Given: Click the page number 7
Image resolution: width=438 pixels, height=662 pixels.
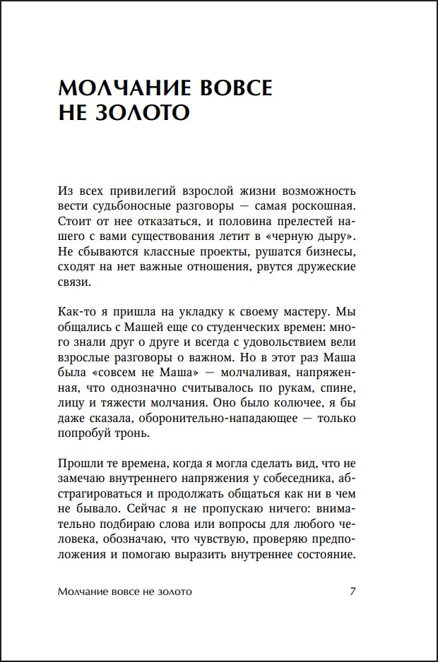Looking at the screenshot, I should [353, 591].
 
